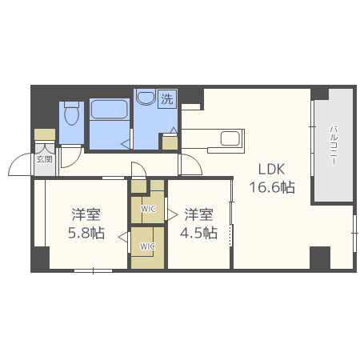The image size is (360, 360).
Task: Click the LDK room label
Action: (271, 169)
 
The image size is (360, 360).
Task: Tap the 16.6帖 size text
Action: (272, 187)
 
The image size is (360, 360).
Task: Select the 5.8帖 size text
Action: (86, 233)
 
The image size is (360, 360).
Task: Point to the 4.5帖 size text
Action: (198, 233)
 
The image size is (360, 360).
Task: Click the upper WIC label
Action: (148, 209)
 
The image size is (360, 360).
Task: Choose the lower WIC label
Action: (147, 246)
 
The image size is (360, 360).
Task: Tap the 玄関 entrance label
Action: (44, 159)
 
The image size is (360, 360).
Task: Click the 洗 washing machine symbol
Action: (167, 99)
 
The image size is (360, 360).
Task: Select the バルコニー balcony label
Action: (334, 146)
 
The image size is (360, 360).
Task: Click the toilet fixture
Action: (71, 114)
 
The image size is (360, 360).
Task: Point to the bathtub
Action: (109, 110)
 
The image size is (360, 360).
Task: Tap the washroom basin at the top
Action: (146, 97)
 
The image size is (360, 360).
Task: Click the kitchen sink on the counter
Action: (230, 138)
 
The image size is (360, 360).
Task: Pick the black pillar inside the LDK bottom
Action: (320, 258)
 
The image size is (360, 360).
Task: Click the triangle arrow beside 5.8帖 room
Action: (122, 237)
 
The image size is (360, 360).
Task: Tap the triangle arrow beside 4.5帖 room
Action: (173, 214)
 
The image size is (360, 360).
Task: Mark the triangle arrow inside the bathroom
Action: (126, 144)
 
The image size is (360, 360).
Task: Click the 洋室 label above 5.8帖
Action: (86, 214)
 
